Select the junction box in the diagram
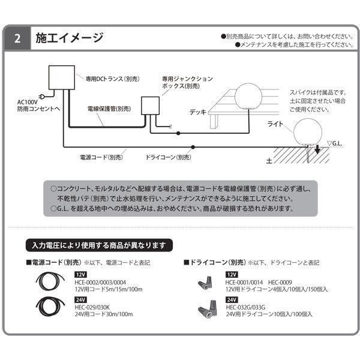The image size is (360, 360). (149, 107)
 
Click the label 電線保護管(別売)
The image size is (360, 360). (108, 109)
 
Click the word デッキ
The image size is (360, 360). (197, 112)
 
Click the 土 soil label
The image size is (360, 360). (270, 160)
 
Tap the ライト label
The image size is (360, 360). (276, 124)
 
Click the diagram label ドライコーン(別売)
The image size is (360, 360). (169, 157)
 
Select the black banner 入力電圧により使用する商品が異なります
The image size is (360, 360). (99, 245)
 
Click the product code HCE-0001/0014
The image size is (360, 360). (244, 281)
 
